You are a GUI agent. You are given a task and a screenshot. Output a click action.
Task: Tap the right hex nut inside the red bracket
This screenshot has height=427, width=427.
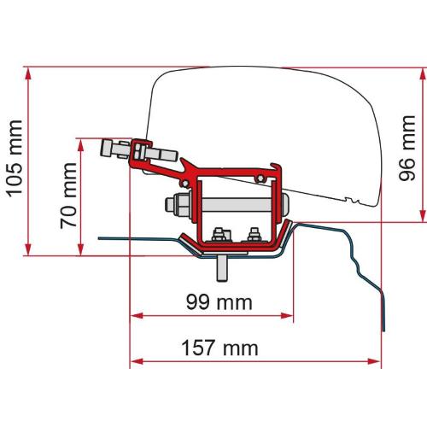click(x=254, y=234)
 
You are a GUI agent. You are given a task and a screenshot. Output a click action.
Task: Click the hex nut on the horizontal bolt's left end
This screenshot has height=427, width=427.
click(x=180, y=208)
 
